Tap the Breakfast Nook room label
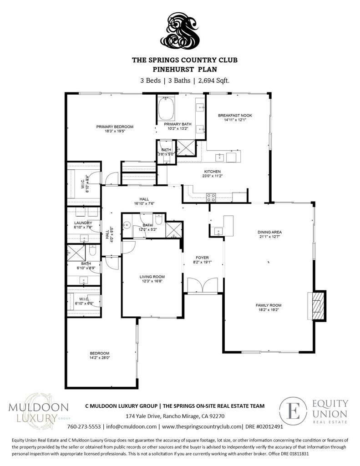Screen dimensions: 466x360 point(235,116)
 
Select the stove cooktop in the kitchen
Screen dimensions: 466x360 point(211,198)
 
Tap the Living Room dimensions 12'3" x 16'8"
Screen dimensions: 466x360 point(152,282)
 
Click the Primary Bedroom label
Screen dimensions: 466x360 point(114,127)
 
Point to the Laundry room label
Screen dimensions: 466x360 point(83,223)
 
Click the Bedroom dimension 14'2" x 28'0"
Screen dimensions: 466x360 point(99,358)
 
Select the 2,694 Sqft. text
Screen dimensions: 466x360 point(213,80)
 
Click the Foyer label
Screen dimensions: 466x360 point(202,258)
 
